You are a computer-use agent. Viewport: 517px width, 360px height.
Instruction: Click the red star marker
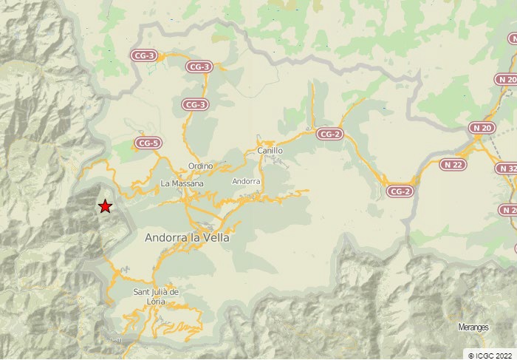105,206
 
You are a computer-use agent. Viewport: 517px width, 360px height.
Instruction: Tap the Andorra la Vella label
187,238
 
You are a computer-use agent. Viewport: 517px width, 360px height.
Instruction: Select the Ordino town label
200,166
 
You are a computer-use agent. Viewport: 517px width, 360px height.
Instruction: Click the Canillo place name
270,150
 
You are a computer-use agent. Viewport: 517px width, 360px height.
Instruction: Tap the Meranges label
473,327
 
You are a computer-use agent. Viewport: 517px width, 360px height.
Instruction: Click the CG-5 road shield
148,143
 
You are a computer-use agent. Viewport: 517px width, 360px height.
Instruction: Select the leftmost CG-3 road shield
144,55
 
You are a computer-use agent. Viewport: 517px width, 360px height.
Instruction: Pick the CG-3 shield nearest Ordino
195,105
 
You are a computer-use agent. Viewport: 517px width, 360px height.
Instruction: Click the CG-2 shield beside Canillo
329,134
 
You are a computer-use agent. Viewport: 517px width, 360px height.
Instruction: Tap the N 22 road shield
453,164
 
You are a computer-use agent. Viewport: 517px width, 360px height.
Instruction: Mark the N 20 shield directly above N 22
482,128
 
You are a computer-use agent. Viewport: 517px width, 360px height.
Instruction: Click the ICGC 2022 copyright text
489,355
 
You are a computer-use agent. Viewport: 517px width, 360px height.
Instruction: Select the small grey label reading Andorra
246,181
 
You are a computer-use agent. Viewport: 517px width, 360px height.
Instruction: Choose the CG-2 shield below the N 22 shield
400,191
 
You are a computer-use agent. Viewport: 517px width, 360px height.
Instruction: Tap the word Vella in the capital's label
215,238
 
